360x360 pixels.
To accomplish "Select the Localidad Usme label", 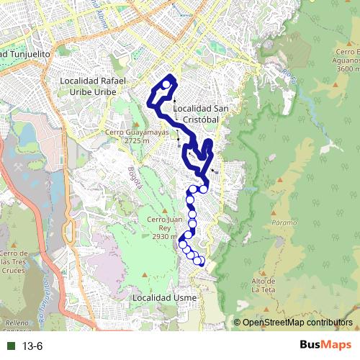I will (161, 297).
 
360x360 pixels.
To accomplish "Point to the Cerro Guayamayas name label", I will (136, 132).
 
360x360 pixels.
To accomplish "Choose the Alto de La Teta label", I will (265, 285).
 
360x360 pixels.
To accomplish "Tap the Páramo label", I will (284, 222).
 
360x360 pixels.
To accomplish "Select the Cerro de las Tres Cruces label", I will (15, 262).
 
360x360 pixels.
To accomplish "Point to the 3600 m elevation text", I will (347, 68).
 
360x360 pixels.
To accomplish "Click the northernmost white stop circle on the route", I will (166, 85).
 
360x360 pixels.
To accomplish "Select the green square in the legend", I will (10, 346).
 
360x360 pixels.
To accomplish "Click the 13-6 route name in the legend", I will (33, 346).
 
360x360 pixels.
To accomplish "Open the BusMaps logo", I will (325, 346).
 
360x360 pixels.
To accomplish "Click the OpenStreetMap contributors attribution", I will (297, 323).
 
